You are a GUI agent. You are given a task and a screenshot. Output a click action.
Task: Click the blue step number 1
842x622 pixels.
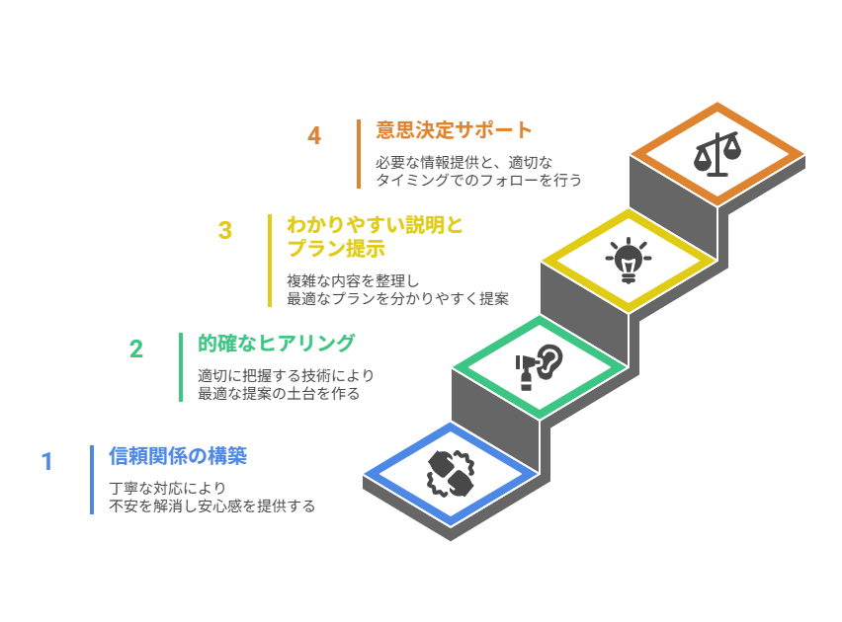pyautogui.click(x=46, y=462)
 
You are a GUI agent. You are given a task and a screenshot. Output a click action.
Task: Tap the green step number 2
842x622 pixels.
pyautogui.click(x=136, y=349)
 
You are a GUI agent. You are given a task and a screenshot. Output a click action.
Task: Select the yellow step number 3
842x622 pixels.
pyautogui.click(x=225, y=231)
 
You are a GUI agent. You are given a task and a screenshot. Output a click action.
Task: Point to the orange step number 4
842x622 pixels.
pyautogui.click(x=314, y=136)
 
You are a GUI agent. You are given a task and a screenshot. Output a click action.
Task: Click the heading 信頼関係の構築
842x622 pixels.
pyautogui.click(x=178, y=456)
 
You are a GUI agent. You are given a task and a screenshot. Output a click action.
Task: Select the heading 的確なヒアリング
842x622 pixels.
pyautogui.click(x=276, y=344)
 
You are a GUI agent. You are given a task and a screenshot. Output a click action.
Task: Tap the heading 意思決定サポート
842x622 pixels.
pyautogui.click(x=454, y=130)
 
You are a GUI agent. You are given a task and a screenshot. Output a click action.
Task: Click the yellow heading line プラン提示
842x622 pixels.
pyautogui.click(x=335, y=249)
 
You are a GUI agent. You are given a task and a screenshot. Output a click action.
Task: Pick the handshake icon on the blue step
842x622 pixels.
pyautogui.click(x=451, y=472)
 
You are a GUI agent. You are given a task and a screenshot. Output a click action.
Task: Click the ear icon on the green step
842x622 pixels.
pyautogui.click(x=541, y=365)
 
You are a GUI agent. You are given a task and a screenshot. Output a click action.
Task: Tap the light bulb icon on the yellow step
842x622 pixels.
pyautogui.click(x=628, y=260)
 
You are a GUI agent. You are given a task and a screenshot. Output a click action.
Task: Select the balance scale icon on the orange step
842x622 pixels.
pyautogui.click(x=717, y=153)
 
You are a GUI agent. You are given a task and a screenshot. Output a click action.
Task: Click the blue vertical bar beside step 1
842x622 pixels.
pyautogui.click(x=92, y=480)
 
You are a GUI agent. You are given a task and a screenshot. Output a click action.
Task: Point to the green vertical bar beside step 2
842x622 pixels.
pyautogui.click(x=181, y=367)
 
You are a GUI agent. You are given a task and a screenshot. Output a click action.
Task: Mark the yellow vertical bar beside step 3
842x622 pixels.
pyautogui.click(x=270, y=261)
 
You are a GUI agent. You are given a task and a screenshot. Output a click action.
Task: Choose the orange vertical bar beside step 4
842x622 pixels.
pyautogui.click(x=359, y=154)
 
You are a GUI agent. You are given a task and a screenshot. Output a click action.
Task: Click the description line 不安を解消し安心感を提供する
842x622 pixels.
pyautogui.click(x=212, y=506)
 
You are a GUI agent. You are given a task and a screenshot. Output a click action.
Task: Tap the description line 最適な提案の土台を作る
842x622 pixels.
pyautogui.click(x=279, y=394)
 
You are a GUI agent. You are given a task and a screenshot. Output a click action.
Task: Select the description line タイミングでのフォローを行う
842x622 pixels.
pyautogui.click(x=478, y=181)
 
